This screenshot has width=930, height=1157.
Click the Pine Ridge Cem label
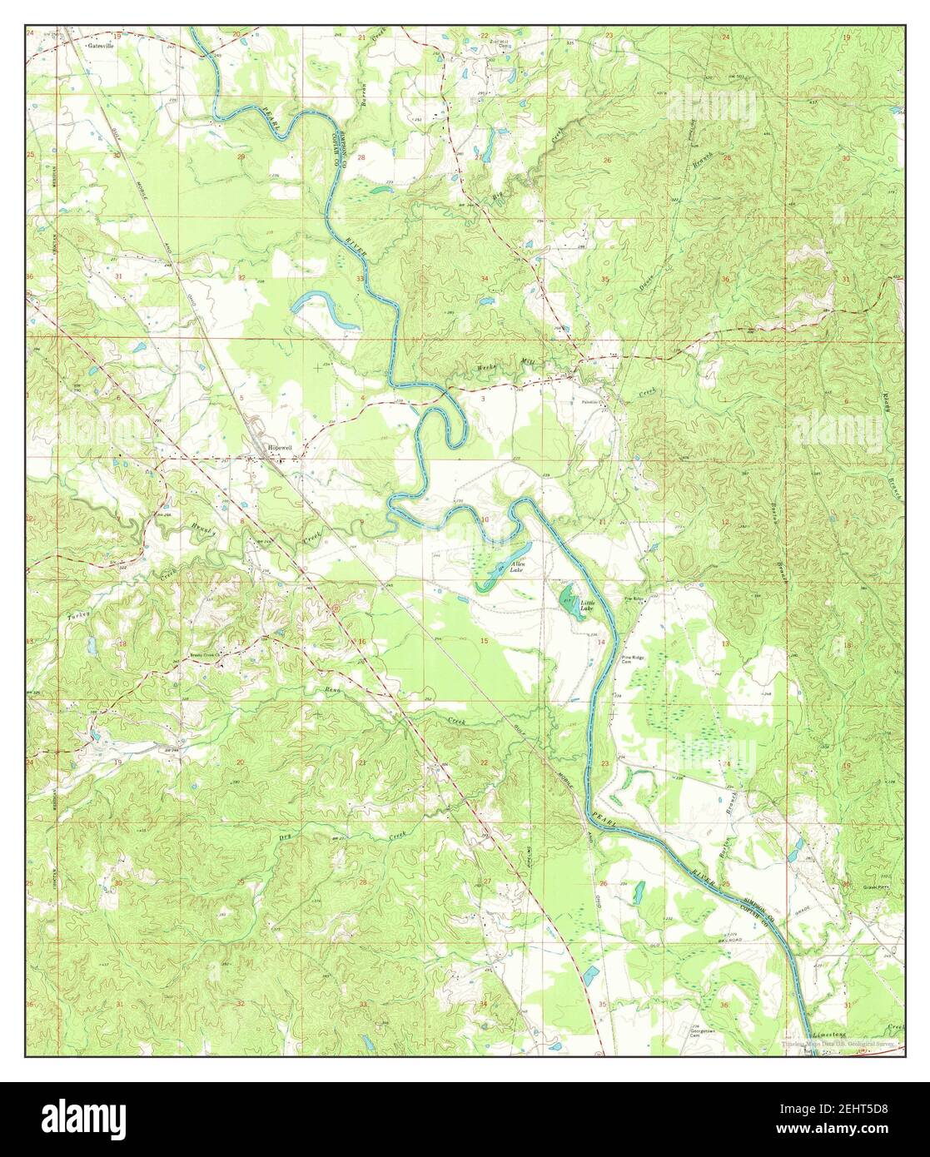636,662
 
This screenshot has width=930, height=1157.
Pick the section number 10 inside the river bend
485,520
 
